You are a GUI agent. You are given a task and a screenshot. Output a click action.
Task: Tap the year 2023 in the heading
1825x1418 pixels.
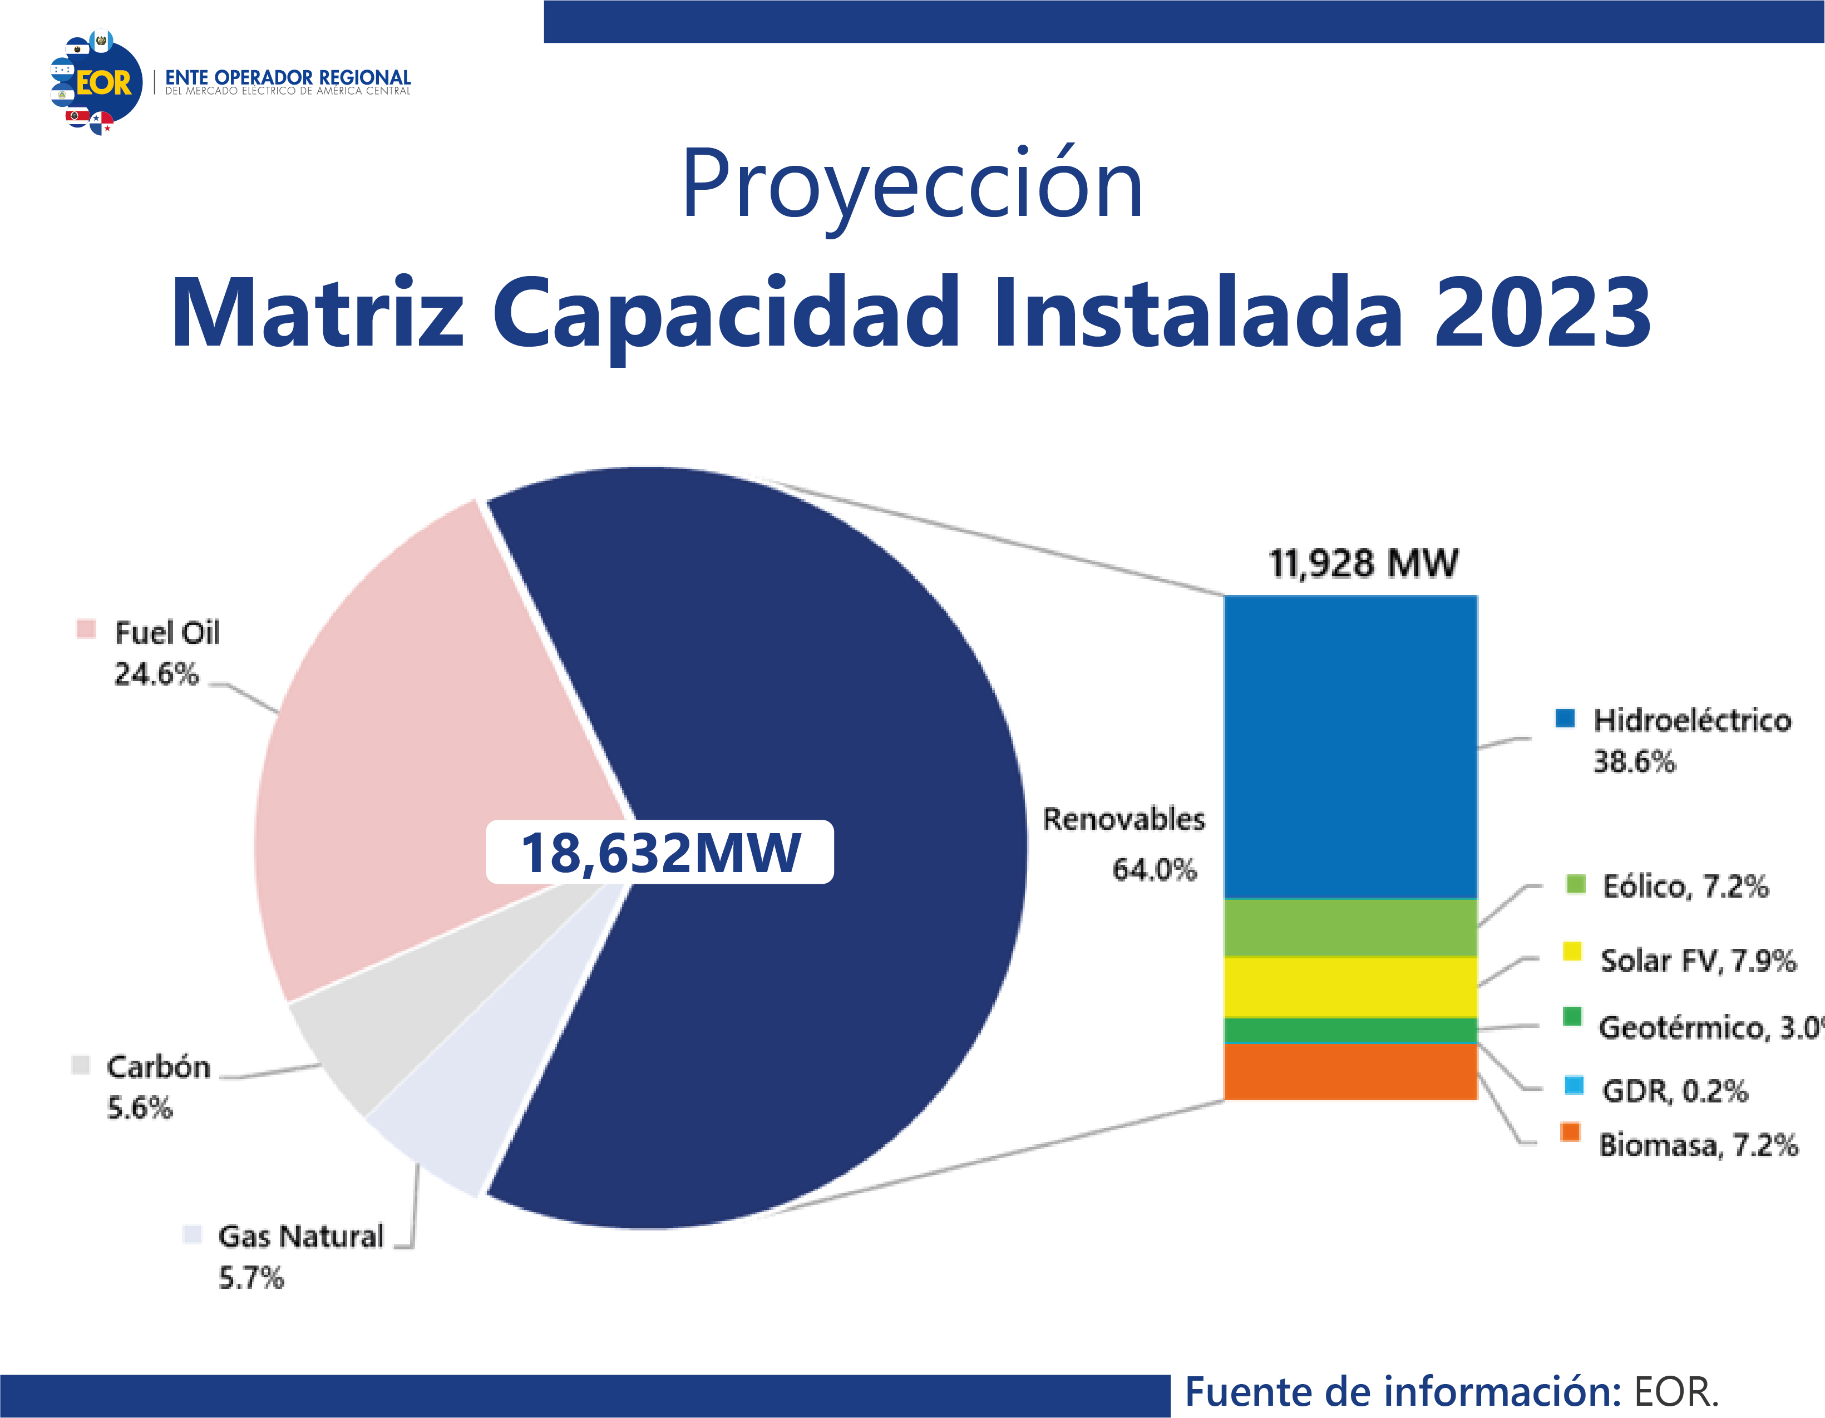tap(1542, 313)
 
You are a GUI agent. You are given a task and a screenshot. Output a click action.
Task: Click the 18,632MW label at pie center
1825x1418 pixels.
tap(660, 853)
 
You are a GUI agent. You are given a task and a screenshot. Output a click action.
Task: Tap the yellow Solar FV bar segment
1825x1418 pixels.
tap(1350, 987)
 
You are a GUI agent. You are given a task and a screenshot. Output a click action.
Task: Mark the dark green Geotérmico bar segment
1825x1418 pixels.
tap(1350, 1030)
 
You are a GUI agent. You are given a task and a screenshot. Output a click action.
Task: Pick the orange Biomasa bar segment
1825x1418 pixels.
tap(1350, 1072)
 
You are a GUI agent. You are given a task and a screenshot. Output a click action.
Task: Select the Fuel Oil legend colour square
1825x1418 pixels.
tap(86, 628)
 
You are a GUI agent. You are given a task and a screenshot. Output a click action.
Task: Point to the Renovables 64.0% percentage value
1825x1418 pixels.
tap(1154, 870)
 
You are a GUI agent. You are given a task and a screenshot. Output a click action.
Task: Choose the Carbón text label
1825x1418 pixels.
tap(158, 1067)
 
